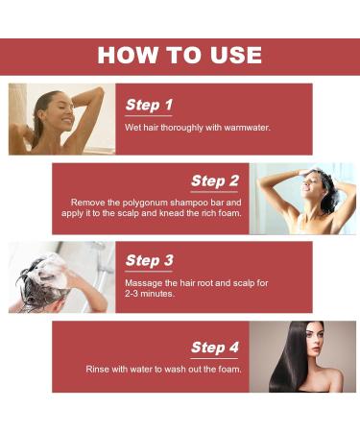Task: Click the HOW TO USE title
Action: (x=180, y=56)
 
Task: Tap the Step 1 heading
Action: (x=149, y=105)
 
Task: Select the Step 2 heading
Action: (x=214, y=180)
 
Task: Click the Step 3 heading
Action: (x=149, y=260)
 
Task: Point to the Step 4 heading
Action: (x=214, y=347)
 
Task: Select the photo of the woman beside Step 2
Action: (x=302, y=198)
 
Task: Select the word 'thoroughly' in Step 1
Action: (x=177, y=127)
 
